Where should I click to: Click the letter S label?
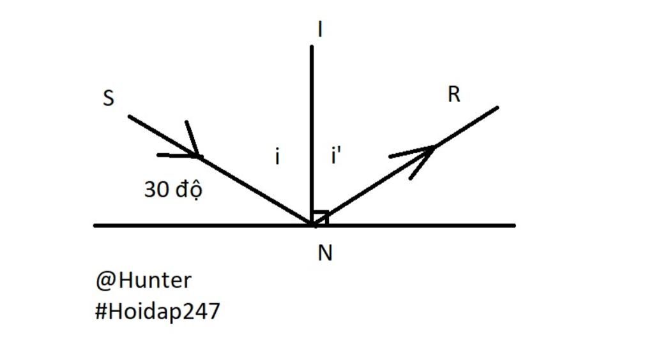pyautogui.click(x=109, y=98)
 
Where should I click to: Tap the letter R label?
pyautogui.click(x=454, y=94)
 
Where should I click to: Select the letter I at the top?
pyautogui.click(x=320, y=29)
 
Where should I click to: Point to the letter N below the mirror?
pyautogui.click(x=325, y=253)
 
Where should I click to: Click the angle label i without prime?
pyautogui.click(x=277, y=156)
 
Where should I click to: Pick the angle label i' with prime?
pyautogui.click(x=336, y=155)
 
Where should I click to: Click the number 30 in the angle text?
pyautogui.click(x=157, y=190)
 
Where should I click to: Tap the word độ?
pyautogui.click(x=189, y=190)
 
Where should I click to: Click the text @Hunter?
pyautogui.click(x=144, y=280)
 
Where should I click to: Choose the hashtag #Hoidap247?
pyautogui.click(x=157, y=311)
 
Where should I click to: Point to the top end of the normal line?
pyautogui.click(x=312, y=47)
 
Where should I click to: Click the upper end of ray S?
pyautogui.click(x=129, y=116)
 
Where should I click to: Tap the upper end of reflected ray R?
pyautogui.click(x=497, y=108)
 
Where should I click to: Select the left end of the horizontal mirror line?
pyautogui.click(x=95, y=225)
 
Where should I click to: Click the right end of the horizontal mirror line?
pyautogui.click(x=514, y=225)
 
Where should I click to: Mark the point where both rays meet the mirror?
pyautogui.click(x=313, y=225)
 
